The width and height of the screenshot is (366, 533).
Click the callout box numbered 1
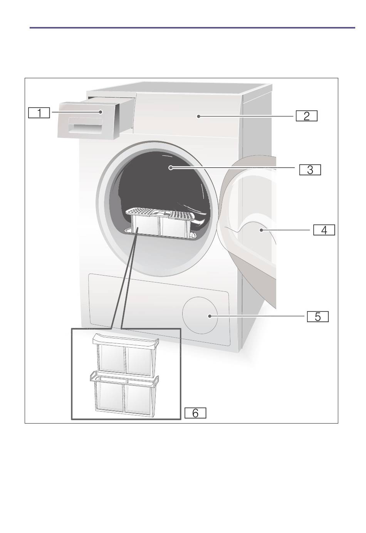tap(39, 113)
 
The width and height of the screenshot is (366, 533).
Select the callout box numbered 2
tap(307, 116)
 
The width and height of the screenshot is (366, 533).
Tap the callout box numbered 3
tap(310, 170)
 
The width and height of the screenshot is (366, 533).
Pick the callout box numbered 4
tap(324, 230)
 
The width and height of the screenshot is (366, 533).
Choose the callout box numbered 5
tap(318, 317)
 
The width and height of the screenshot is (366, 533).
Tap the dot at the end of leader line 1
tap(101, 112)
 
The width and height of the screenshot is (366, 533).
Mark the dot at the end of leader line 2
tap(198, 116)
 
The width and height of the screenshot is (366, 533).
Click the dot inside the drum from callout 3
tap(171, 168)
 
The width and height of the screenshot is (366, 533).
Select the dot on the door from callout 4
tap(261, 230)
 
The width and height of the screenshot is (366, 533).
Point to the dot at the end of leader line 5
tap(210, 316)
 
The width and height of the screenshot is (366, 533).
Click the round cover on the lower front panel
tap(200, 315)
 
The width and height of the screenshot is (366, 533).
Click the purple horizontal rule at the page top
tap(192, 28)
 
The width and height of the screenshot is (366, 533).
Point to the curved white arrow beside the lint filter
tap(199, 222)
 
